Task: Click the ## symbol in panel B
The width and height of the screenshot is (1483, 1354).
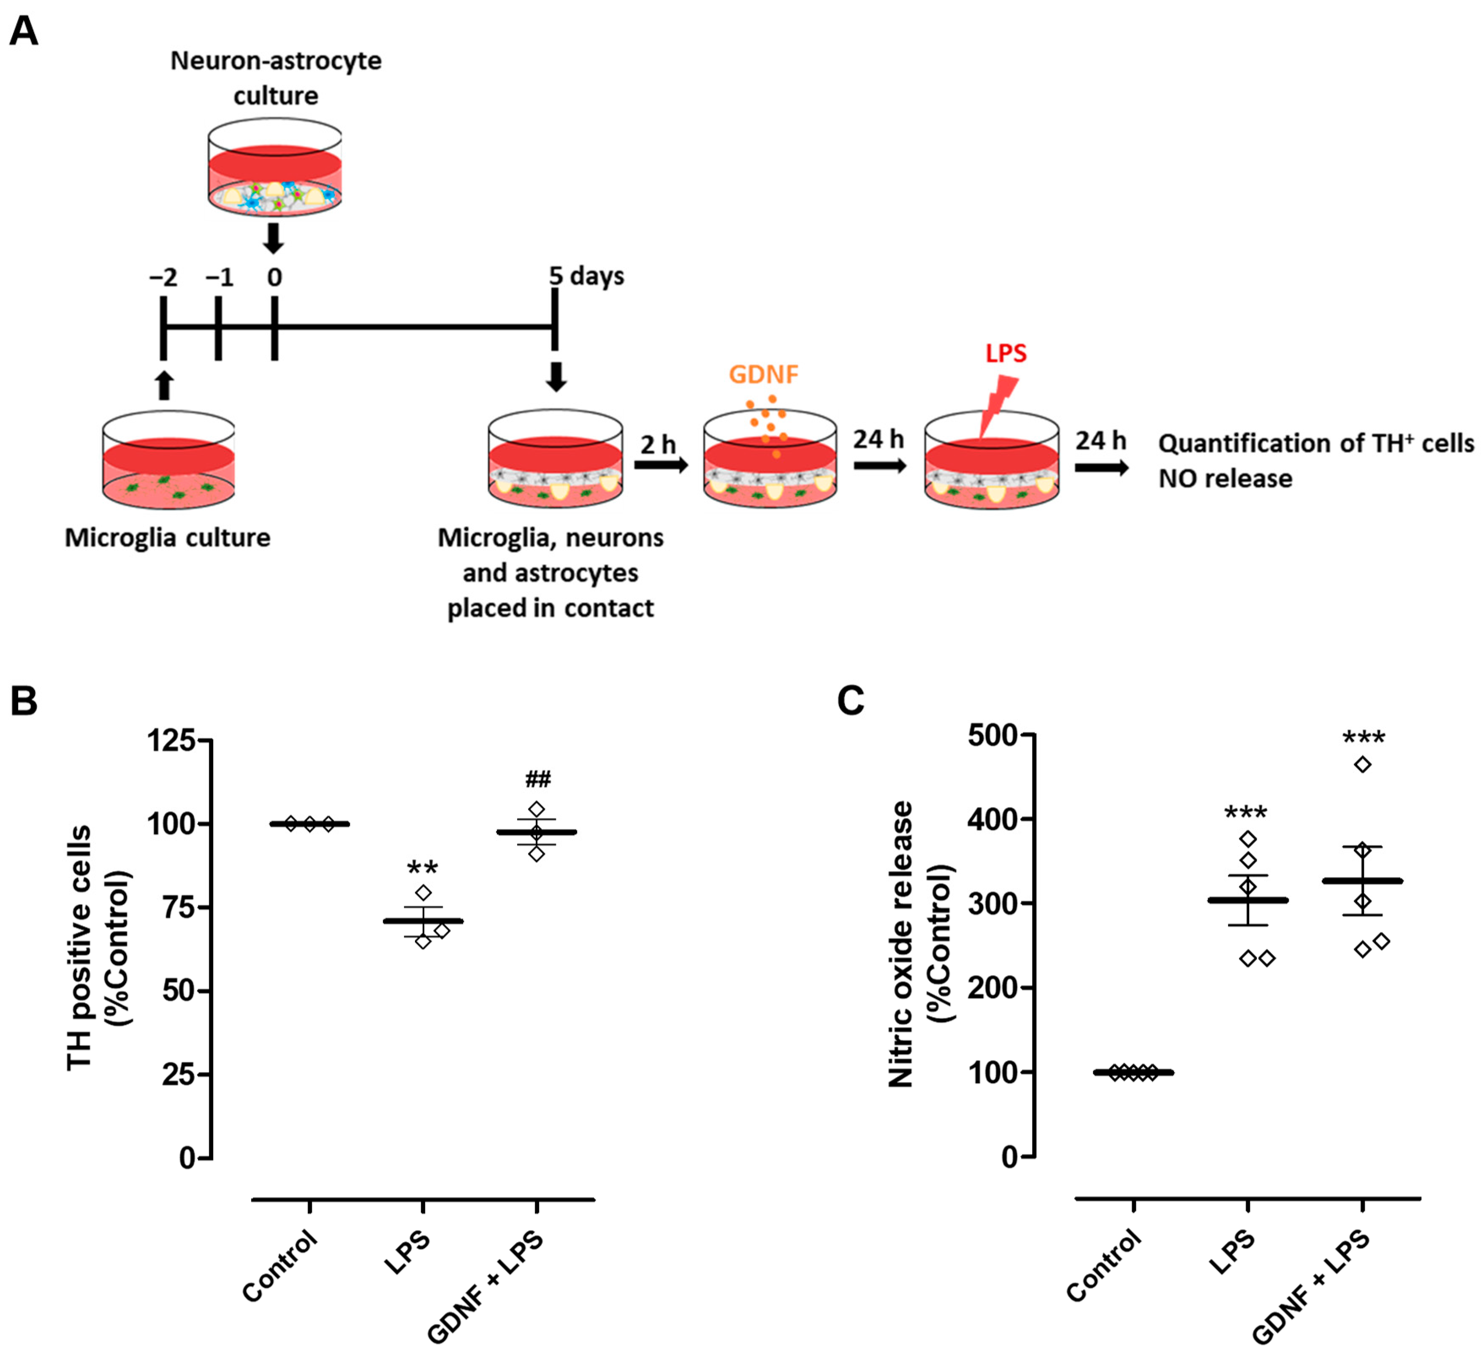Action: [538, 779]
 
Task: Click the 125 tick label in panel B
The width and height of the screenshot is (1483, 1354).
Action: [171, 740]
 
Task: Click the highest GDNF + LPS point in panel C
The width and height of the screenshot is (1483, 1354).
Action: [1362, 765]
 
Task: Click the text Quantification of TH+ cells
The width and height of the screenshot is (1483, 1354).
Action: [1315, 444]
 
